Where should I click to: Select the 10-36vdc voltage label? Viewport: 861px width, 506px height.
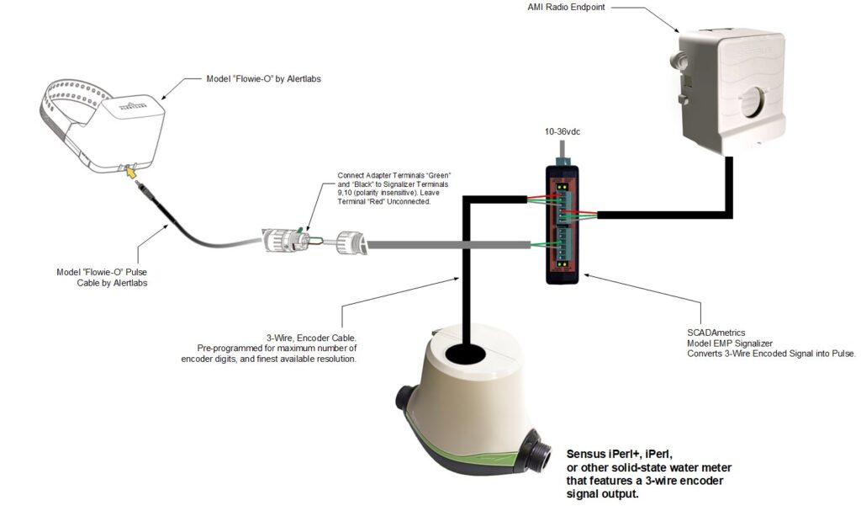563,132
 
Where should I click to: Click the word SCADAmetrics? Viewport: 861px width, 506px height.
715,333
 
